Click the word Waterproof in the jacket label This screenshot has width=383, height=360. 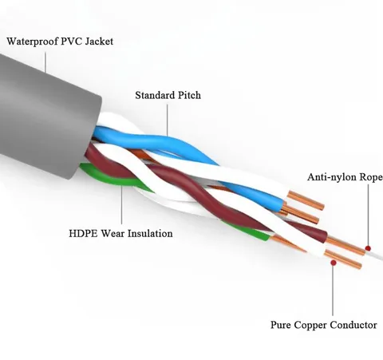tap(33, 42)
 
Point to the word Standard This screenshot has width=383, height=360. tap(155, 95)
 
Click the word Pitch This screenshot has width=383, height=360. tap(189, 95)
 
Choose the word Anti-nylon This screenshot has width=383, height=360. tap(332, 177)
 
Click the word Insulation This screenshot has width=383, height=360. tap(150, 233)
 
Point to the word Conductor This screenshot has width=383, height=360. tap(353, 325)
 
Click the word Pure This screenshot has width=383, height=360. tap(281, 325)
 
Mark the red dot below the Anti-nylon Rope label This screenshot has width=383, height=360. tap(368, 248)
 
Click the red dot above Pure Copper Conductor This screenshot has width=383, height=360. tap(333, 263)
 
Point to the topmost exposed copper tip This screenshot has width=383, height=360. tap(306, 199)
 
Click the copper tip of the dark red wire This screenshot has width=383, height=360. tap(345, 246)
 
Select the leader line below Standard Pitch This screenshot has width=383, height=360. tap(168, 120)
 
